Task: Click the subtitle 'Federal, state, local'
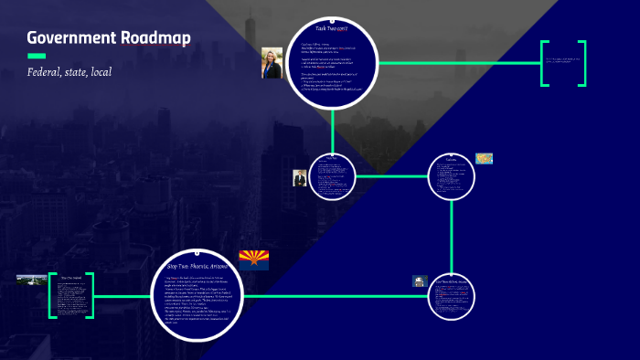point(69,71)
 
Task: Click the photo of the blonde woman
point(272,63)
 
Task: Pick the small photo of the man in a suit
point(299,177)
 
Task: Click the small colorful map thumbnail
point(484,158)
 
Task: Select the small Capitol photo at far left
point(31,280)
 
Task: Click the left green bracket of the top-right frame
point(544,63)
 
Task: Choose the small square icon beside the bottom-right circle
point(420,282)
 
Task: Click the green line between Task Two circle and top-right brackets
point(457,63)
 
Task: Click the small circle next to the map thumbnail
point(453,175)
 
